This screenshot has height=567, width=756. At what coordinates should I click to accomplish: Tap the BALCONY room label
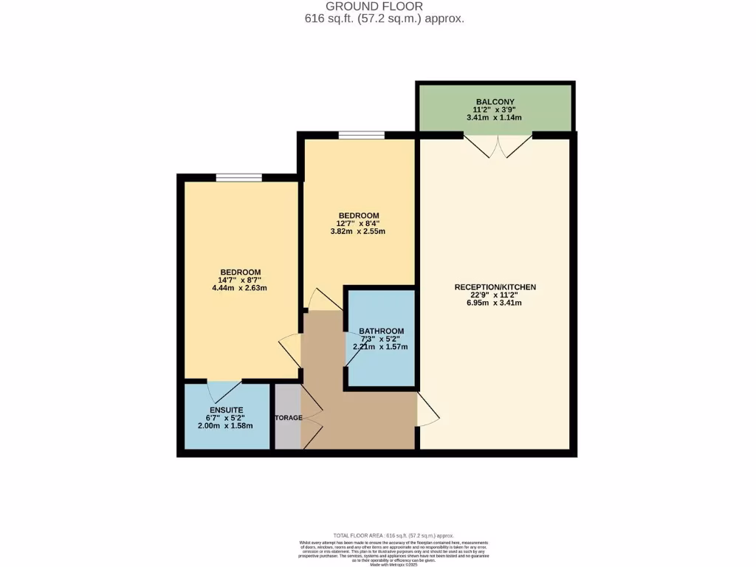495,102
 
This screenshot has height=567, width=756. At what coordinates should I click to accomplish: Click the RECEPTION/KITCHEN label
495,286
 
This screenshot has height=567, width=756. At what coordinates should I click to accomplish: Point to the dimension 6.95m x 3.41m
495,303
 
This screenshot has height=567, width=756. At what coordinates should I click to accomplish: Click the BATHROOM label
381,331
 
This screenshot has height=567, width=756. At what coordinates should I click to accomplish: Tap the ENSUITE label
226,409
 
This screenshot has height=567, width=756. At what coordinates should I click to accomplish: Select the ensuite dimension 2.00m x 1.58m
226,425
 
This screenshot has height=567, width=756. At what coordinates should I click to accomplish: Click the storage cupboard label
288,418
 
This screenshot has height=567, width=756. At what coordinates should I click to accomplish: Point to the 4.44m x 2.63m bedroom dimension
240,288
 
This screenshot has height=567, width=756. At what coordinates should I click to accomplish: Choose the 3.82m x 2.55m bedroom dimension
358,231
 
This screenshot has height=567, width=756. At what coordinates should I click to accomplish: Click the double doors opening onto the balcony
496,145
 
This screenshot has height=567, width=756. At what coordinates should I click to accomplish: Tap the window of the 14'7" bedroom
238,177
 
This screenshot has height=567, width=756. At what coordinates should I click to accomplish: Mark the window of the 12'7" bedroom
362,135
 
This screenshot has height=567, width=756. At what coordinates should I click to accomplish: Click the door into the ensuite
224,390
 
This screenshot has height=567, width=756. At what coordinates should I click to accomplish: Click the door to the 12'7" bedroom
323,299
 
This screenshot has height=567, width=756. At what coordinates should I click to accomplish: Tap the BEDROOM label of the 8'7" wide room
240,272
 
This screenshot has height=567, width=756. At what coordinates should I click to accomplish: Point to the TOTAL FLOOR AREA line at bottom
394,535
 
